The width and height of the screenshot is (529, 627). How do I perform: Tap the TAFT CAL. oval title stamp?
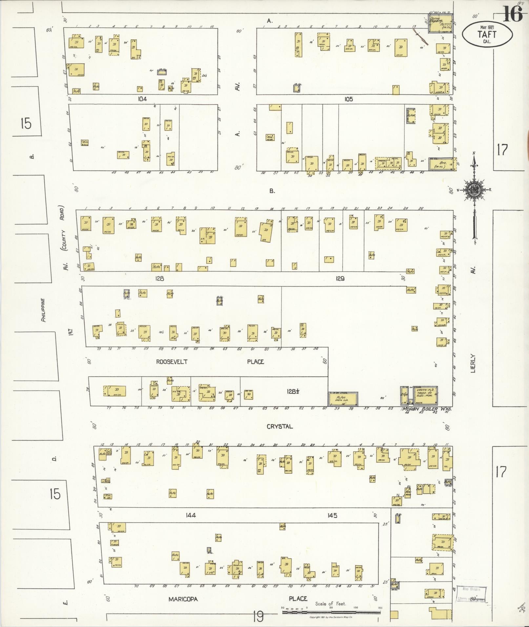point(487,35)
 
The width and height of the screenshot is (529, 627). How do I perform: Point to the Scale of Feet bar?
point(331,612)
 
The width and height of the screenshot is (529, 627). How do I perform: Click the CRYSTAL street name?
point(279,426)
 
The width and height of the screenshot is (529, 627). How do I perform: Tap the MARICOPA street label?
point(183,599)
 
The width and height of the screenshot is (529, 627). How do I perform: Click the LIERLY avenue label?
point(473,363)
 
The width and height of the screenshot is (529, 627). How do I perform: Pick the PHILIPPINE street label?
point(43,310)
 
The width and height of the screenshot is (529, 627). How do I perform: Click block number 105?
point(348,99)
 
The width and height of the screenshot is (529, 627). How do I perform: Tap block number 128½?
point(292,391)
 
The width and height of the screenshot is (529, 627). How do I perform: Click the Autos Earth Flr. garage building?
point(343,398)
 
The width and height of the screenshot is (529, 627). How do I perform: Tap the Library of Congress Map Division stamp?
point(471,594)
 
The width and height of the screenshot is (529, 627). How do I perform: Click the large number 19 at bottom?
point(258,617)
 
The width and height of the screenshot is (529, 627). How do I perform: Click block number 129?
point(340,279)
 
